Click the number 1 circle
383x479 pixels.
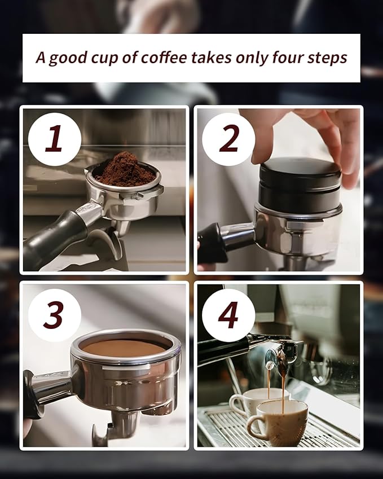(x=55, y=139)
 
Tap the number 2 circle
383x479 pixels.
(x=228, y=139)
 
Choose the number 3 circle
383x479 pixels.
(x=55, y=315)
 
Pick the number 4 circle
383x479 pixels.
(x=228, y=315)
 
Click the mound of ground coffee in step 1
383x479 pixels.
(x=125, y=170)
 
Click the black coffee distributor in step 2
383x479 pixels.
(x=300, y=183)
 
